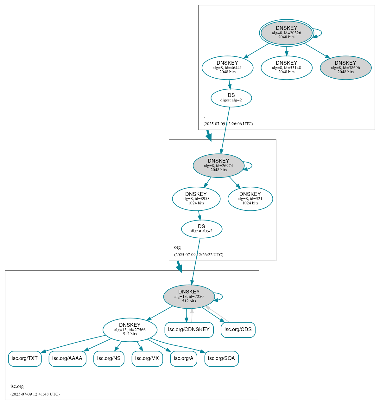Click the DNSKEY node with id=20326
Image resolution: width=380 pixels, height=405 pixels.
(286, 33)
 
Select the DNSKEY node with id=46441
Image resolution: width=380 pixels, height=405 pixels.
(227, 67)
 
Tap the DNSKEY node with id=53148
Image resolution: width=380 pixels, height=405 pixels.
(286, 67)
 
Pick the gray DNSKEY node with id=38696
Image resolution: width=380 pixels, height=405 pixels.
(345, 67)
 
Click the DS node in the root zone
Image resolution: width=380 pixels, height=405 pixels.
(231, 98)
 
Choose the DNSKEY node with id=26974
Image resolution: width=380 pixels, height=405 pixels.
(218, 165)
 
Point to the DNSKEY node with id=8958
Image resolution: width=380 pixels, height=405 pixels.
(196, 199)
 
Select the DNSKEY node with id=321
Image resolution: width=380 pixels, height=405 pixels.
(250, 199)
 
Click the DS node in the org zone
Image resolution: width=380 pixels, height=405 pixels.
(201, 229)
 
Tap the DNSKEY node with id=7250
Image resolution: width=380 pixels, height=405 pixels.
(189, 296)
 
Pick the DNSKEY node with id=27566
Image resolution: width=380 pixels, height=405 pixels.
(130, 330)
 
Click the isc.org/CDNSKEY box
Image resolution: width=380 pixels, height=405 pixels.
(189, 330)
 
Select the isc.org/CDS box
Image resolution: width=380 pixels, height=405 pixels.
(238, 330)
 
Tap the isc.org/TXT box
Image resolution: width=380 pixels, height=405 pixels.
(25, 358)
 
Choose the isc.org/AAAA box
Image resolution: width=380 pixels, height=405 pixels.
(67, 358)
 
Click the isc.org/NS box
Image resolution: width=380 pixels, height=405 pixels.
(109, 358)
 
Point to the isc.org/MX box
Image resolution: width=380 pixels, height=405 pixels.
(147, 358)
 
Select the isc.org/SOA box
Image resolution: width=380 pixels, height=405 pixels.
(221, 358)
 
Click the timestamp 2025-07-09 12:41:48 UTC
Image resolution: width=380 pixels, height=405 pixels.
(35, 394)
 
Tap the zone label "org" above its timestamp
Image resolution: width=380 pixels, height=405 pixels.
(177, 247)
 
